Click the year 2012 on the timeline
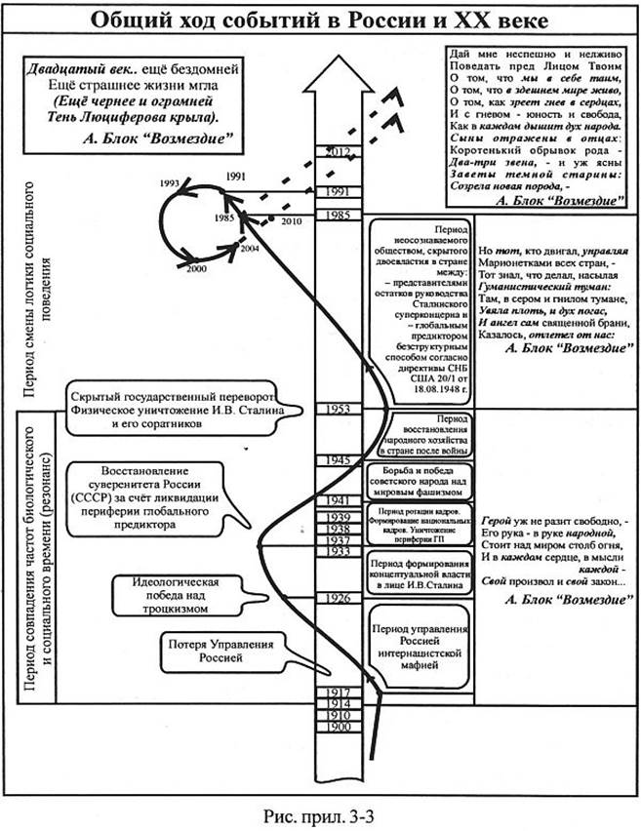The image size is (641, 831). click(x=338, y=152)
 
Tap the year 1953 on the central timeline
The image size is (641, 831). click(x=340, y=410)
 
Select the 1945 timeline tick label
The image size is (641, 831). click(x=340, y=459)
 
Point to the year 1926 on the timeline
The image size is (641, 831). click(x=340, y=597)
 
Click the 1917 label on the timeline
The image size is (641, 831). click(x=338, y=692)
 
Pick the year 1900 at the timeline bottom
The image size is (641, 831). click(x=338, y=728)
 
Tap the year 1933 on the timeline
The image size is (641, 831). click(x=340, y=552)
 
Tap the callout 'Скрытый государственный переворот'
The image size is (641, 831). click(x=173, y=399)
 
